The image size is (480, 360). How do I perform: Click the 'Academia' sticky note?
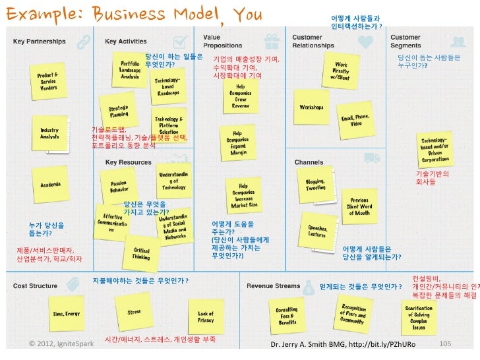click(51, 187)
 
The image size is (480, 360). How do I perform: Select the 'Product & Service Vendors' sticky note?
click(49, 82)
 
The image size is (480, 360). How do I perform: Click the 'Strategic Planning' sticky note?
click(119, 111)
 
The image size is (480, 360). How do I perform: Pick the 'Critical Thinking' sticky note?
click(141, 254)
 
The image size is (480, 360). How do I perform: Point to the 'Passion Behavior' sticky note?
click(119, 186)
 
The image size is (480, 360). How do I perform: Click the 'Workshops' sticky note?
click(311, 107)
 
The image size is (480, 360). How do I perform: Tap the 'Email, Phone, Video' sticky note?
click(355, 120)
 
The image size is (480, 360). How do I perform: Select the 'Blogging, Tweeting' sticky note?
click(315, 185)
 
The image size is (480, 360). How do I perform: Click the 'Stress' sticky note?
click(134, 312)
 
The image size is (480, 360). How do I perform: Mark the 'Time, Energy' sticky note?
click(67, 315)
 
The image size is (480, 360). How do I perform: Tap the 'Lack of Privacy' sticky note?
click(206, 317)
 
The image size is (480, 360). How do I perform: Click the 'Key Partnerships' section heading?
click(40, 41)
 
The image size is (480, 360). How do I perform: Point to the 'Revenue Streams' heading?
click(274, 286)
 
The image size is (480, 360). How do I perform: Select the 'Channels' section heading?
click(309, 162)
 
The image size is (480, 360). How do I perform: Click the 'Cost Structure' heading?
click(36, 286)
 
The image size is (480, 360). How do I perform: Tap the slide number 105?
click(444, 344)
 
